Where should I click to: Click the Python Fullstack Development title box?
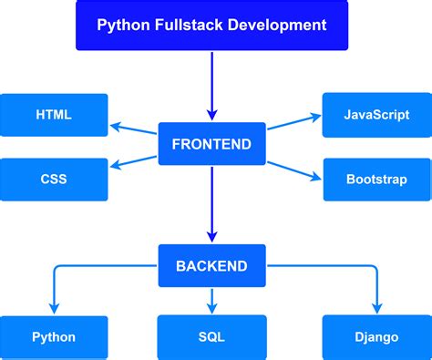tap(211, 25)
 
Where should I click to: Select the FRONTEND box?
tap(211, 144)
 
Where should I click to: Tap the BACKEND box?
tap(211, 266)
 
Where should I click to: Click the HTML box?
tap(54, 115)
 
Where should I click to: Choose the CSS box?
tap(54, 179)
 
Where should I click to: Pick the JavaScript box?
tap(376, 115)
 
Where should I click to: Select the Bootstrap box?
tap(376, 179)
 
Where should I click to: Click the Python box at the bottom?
tap(54, 337)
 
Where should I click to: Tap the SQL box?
tap(211, 337)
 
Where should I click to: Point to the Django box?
tap(376, 337)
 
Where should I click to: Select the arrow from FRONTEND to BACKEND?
tap(211, 205)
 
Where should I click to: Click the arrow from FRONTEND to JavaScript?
tap(293, 127)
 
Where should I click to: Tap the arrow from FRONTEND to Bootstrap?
tap(293, 165)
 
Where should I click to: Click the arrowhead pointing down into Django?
tap(375, 308)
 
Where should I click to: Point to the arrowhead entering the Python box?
tap(54, 308)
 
